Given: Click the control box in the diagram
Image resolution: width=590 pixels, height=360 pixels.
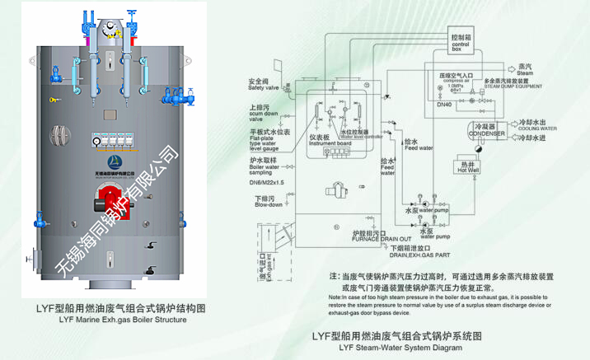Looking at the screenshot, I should pos(461,44).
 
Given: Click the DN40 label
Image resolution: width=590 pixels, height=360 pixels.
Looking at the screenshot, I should pos(446,105).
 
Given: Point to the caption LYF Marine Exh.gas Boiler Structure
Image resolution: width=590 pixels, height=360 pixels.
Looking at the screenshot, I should pos(117,319).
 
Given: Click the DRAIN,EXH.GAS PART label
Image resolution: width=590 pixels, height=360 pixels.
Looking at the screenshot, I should pos(420,255).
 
